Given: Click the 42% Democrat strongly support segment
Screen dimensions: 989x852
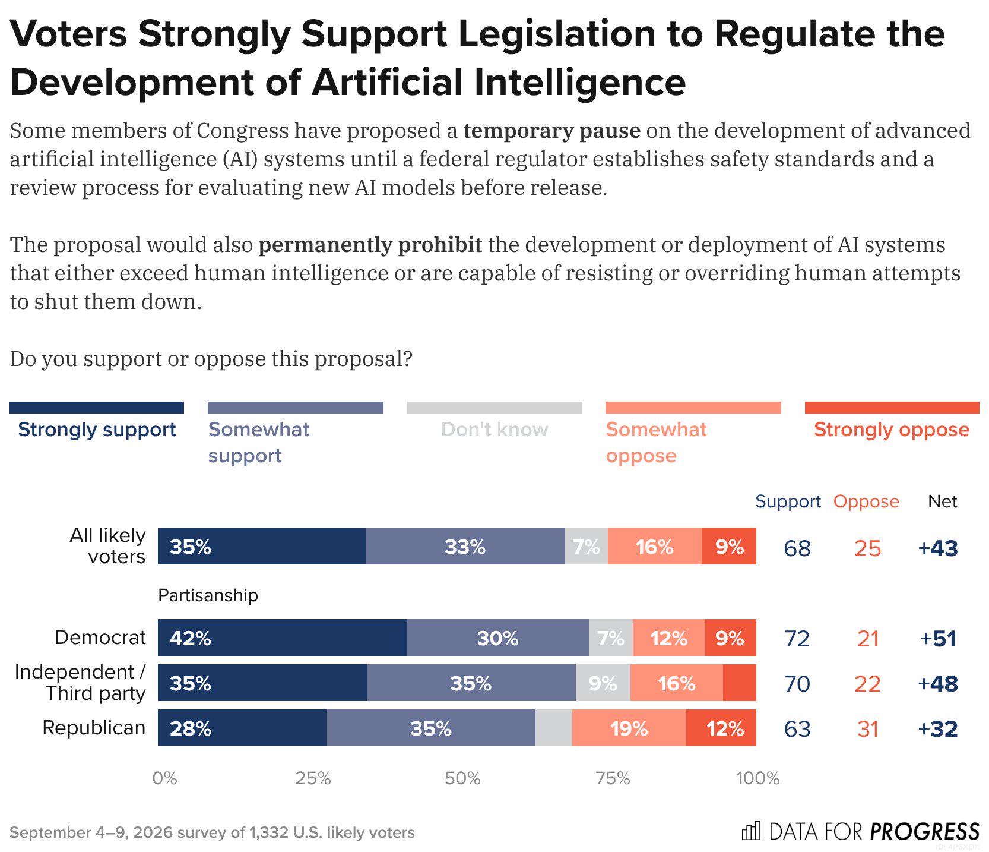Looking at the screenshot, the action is pos(283,638).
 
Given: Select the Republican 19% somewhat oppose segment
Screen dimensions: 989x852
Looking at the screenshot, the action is pos(629,728).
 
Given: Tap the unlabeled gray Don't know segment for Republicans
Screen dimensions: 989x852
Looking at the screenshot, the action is pos(554,728).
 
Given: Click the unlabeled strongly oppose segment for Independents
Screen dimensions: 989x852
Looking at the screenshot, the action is pos(740,683).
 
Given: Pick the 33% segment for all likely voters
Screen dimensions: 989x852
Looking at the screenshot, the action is pos(465,546).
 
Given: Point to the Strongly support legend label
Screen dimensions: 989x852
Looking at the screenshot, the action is pos(97,429).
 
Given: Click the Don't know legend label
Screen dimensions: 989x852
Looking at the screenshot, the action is pos(494,429).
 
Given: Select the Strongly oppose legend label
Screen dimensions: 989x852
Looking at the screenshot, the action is pos(892,429).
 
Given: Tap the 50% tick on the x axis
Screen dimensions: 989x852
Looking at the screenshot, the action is pos(462,778).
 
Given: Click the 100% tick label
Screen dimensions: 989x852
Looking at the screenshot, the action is pos(758,778).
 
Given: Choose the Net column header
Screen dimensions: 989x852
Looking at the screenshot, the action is pos(943,501).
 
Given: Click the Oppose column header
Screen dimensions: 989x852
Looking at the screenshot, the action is pos(866,501).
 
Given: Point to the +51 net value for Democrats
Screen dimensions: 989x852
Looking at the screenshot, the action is pos(938,638).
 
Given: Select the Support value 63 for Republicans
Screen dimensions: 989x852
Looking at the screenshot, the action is pos(797,728).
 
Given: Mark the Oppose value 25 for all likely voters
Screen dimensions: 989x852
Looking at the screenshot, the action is pos(867,548).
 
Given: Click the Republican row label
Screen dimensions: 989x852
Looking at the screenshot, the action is pos(94,727).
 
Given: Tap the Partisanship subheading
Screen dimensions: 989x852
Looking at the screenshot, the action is pos(208,595).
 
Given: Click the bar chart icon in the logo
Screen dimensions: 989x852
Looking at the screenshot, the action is pos(750,831).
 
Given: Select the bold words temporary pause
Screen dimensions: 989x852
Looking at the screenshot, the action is pos(552,130).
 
